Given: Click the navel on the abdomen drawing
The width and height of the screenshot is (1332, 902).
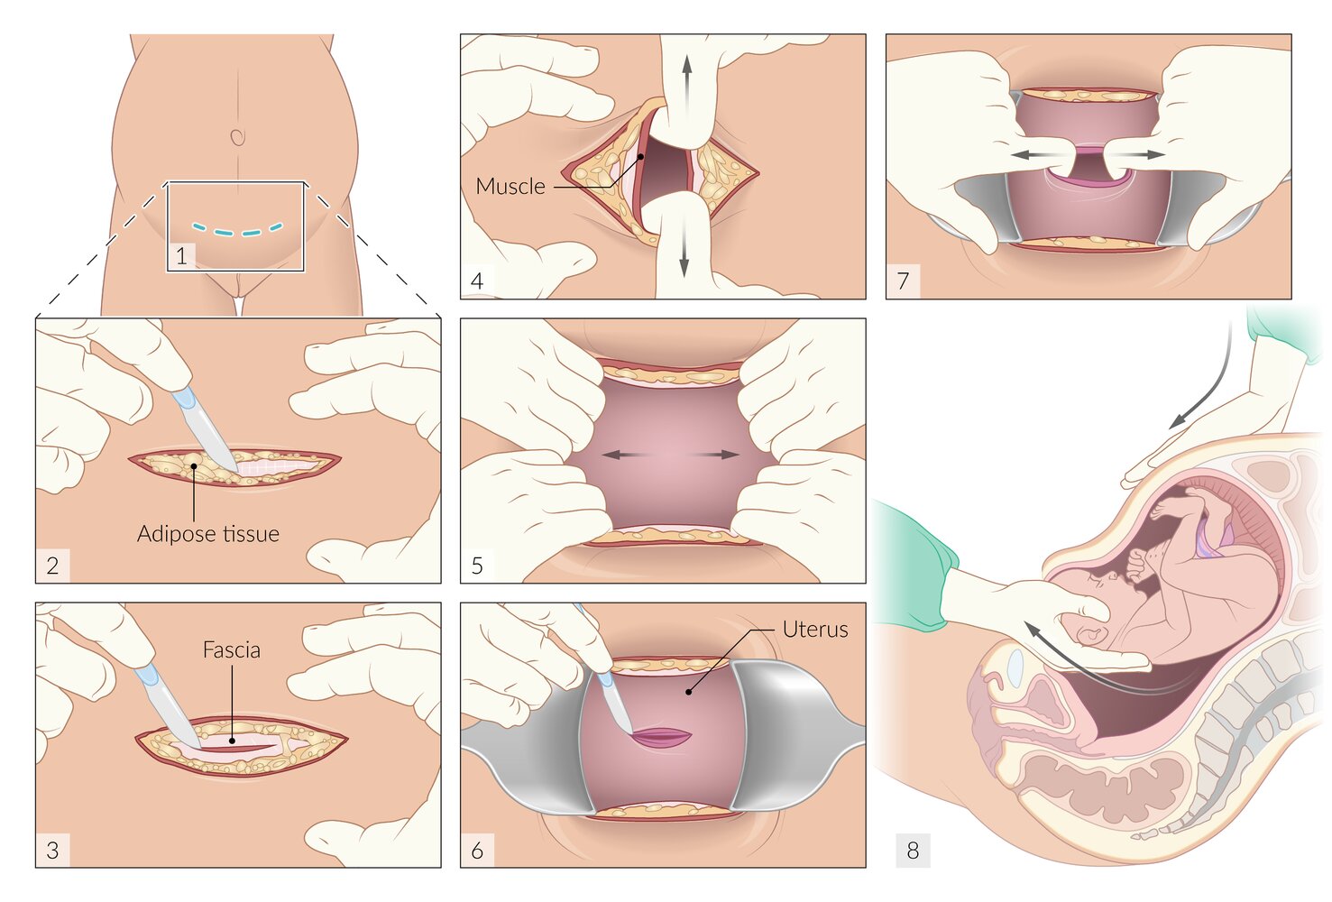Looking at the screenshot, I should tap(237, 136).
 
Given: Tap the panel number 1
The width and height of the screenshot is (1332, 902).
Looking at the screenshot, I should tap(181, 256).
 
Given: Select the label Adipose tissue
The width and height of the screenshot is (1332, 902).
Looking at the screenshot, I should tap(208, 534).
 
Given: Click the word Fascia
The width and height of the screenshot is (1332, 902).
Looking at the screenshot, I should tap(232, 650).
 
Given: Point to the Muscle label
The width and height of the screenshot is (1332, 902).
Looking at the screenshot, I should tap(510, 187).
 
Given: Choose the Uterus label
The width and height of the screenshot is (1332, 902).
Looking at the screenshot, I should tap(815, 630).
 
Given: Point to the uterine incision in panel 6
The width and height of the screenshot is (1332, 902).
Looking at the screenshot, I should tap(661, 737).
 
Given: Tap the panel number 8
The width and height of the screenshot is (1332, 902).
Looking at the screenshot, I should tap(913, 850).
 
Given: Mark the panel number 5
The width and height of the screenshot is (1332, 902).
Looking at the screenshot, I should tap(477, 566).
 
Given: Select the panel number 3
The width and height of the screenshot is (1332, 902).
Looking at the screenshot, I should tap(52, 850).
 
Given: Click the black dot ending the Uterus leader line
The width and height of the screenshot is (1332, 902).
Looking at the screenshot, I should tap(688, 692).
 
